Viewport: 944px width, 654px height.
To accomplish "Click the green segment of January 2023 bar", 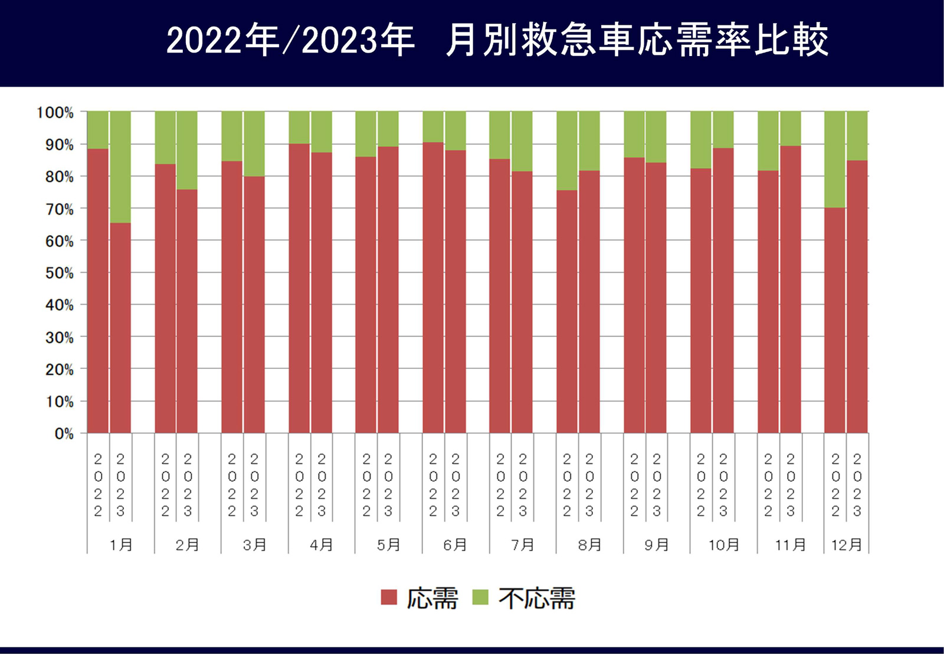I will (x=120, y=166).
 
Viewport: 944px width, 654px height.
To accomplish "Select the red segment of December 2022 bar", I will (x=834, y=320).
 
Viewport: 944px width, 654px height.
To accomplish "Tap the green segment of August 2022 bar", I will (x=566, y=151).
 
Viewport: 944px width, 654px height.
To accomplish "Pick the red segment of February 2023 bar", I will (x=187, y=311).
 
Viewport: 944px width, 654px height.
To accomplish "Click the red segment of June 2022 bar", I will (x=432, y=287).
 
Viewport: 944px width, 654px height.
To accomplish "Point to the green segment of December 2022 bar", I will (x=834, y=159).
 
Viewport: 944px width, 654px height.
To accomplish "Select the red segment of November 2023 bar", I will (x=790, y=289).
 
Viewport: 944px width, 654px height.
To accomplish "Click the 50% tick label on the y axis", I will (x=60, y=273).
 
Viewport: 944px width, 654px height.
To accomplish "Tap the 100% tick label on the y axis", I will (x=55, y=113).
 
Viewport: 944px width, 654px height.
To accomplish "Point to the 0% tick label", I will (x=64, y=434).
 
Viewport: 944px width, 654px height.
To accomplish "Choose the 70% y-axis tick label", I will (x=60, y=209).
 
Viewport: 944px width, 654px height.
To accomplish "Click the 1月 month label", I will (x=121, y=545).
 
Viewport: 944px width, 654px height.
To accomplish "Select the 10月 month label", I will (x=723, y=545).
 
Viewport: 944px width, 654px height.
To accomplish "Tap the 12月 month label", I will (x=846, y=545).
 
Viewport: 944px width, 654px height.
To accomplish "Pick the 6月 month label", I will (x=455, y=545).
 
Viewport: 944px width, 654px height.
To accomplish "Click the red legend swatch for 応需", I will (x=389, y=597).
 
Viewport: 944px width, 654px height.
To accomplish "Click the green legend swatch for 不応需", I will (x=481, y=597).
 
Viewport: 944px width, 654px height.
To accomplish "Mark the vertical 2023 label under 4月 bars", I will (x=322, y=485).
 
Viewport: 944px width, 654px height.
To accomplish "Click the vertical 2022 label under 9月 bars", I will (x=634, y=485).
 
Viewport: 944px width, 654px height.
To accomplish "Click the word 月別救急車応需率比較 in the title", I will (x=637, y=40).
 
